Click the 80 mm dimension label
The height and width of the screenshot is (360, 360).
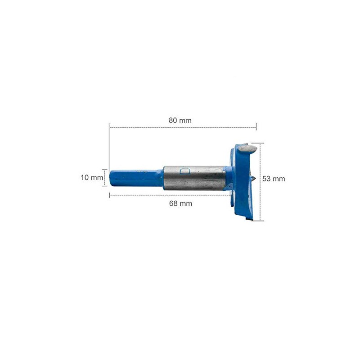pyautogui.click(x=180, y=120)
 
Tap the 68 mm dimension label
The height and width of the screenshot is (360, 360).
pyautogui.click(x=180, y=203)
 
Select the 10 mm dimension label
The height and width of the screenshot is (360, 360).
pyautogui.click(x=92, y=177)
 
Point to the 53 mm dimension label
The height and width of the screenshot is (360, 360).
pyautogui.click(x=274, y=179)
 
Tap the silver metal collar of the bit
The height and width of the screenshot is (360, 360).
pyautogui.click(x=193, y=179)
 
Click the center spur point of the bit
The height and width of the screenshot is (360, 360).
pyautogui.click(x=255, y=179)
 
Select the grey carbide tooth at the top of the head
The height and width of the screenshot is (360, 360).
pyautogui.click(x=247, y=148)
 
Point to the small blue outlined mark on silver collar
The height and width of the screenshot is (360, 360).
pyautogui.click(x=184, y=171)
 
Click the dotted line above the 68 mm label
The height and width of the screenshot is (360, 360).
pyautogui.click(x=171, y=195)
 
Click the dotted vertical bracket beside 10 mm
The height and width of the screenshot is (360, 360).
pyautogui.click(x=105, y=177)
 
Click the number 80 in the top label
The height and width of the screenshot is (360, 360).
pyautogui.click(x=173, y=120)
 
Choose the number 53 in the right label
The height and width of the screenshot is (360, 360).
pyautogui.click(x=267, y=179)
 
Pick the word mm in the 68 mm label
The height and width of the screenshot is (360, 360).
pyautogui.click(x=186, y=203)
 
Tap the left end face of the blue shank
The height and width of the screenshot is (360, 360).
pyautogui.click(x=111, y=177)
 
